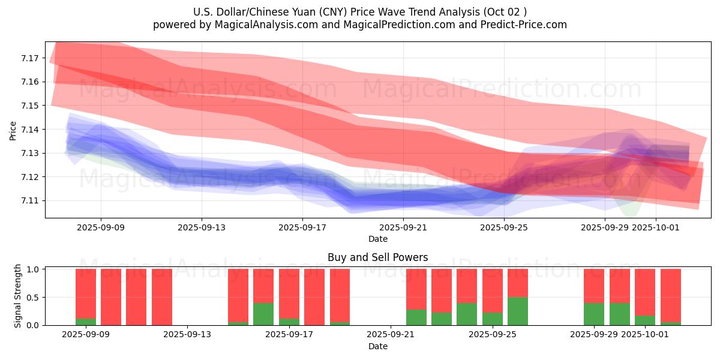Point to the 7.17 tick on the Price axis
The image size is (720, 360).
tap(30, 58)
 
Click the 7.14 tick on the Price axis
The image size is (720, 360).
tap(30, 130)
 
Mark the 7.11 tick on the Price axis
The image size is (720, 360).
tap(30, 201)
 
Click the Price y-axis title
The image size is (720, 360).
tap(13, 130)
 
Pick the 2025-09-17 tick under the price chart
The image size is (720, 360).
tap(302, 227)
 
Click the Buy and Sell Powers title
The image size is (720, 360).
tap(378, 257)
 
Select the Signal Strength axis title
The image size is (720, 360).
tap(18, 296)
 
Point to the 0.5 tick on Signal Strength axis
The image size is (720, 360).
tap(33, 297)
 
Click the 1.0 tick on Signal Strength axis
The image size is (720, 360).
tap(33, 269)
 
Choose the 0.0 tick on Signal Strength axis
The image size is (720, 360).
tap(33, 325)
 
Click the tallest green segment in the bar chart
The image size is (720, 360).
tap(517, 311)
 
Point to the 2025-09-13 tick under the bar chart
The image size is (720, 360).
tap(188, 335)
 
